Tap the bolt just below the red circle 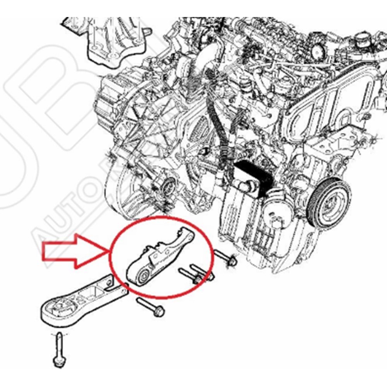tap(151, 308)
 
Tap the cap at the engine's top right tap(361, 39)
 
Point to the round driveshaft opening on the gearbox tap(169, 188)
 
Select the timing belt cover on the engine tap(333, 116)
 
